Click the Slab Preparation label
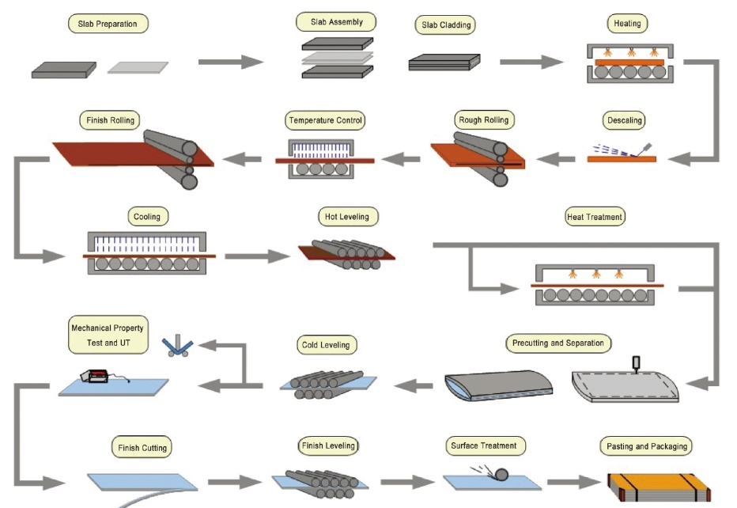point(108,24)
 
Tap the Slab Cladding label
point(445,25)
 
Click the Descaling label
point(623,121)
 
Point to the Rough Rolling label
point(484,120)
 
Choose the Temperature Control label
point(325,121)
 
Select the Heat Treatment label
point(595,217)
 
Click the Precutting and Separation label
point(557,343)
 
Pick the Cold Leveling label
point(325,345)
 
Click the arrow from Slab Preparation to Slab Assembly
point(230,63)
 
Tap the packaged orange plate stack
point(653,484)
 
